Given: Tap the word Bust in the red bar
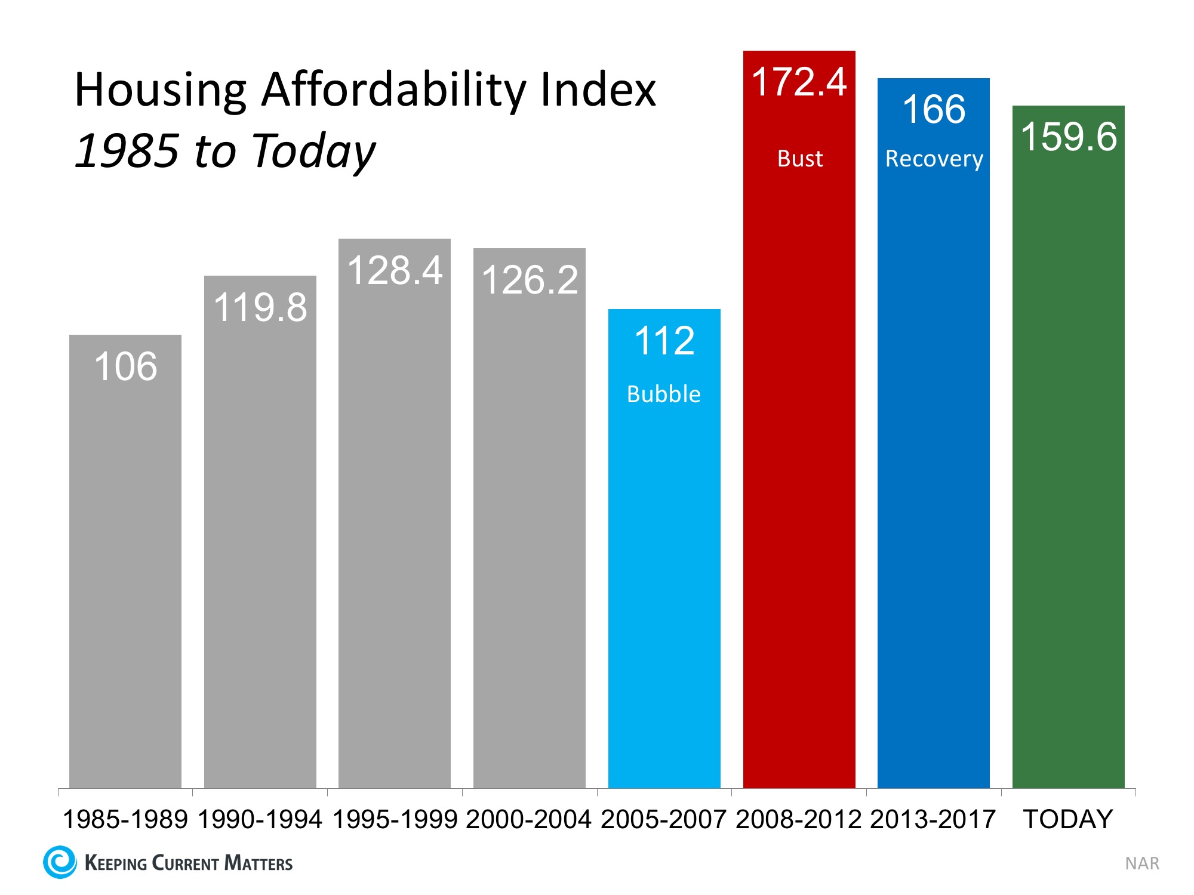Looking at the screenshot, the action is coord(800,159).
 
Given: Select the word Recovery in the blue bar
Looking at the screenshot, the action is coord(934,159).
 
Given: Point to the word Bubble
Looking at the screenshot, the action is coord(664,394).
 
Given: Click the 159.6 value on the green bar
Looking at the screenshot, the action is coord(1069,137).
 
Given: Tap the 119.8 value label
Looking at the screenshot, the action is coord(260,307).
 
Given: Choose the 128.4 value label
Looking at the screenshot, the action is coord(395,270).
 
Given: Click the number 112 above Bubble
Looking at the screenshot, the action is coord(664,341).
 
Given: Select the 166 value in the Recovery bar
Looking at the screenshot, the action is coord(934,109).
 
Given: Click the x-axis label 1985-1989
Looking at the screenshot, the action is coord(125,819).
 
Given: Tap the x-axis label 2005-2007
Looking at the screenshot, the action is coord(664,819).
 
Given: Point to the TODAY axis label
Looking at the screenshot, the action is coord(1068,819).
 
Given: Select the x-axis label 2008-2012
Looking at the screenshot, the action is coord(799,819).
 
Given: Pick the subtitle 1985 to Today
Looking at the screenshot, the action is coord(225,150).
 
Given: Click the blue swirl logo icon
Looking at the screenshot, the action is coord(60,862).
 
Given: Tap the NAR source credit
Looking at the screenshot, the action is coord(1142,863).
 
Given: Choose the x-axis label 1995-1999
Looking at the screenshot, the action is coord(395,819).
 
